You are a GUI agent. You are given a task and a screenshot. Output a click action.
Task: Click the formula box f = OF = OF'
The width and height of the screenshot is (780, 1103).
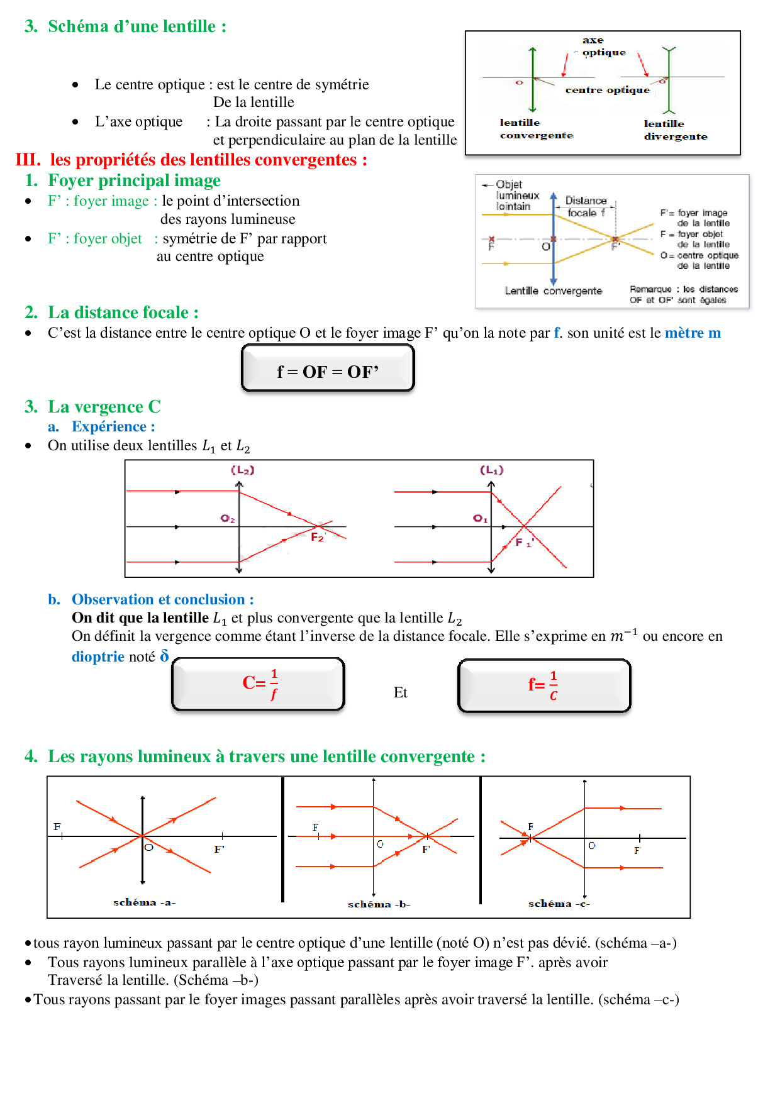coord(328,369)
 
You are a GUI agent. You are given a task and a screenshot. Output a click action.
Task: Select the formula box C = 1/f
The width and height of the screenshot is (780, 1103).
coord(259,684)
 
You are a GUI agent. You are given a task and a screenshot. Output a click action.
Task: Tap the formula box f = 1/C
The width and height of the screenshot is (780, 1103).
coord(544,685)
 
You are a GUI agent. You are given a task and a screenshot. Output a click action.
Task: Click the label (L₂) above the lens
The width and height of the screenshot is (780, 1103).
coord(243,470)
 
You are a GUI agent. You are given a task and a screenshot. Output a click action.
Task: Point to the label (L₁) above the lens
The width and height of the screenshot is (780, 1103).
coord(491,470)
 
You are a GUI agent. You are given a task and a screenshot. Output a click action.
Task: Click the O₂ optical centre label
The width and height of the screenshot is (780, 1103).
coord(228,519)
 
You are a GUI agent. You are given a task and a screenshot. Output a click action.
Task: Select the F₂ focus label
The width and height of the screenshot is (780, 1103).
coord(317,537)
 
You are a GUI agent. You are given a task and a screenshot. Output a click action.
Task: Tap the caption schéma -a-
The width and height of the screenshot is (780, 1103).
coord(144,902)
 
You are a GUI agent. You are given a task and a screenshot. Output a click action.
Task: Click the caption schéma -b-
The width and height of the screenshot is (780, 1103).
coord(379,904)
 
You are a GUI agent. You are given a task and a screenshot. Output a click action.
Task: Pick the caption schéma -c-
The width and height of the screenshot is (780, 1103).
coord(559,904)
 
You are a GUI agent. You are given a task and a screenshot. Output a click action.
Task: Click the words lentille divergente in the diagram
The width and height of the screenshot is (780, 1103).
coord(675,130)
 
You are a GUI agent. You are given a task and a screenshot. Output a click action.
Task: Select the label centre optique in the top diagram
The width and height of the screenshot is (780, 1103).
coord(607,90)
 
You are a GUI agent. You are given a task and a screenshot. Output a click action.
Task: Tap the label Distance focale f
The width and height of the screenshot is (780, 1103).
coord(586,207)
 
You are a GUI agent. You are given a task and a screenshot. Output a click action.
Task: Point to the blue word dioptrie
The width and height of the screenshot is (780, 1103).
coord(97,657)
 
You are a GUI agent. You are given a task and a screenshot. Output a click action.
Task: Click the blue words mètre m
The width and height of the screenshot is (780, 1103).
coord(693,333)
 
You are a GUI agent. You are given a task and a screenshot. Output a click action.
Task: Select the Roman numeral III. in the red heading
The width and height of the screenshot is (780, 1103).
coord(28,160)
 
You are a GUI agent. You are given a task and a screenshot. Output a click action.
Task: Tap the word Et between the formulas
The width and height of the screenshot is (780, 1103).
coord(400,692)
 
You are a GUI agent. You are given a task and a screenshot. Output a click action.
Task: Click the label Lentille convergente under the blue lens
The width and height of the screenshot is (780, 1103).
coord(553,291)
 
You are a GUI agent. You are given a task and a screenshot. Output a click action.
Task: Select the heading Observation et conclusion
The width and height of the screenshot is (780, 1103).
coord(162,599)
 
